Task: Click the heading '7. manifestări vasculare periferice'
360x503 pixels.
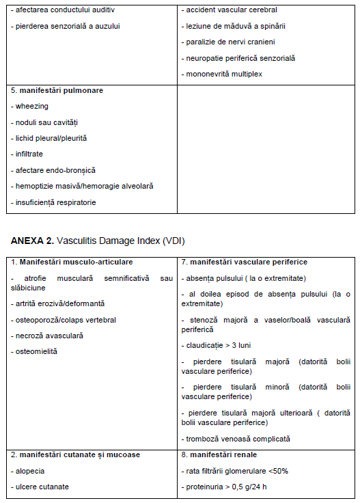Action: [244, 262]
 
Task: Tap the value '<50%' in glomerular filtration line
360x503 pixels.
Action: [281, 471]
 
